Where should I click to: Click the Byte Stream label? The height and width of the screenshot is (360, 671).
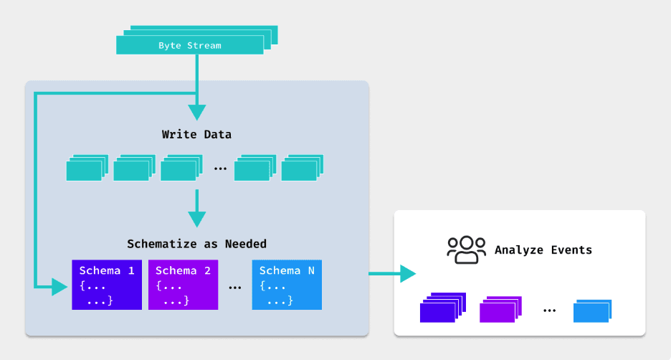click(x=190, y=46)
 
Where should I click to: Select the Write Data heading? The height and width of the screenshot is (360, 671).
click(x=196, y=134)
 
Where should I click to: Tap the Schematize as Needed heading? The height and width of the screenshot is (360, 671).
click(x=196, y=244)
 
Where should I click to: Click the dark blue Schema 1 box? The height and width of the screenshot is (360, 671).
click(x=107, y=284)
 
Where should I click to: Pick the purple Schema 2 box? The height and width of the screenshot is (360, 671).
click(x=183, y=284)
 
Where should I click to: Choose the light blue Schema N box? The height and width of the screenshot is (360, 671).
click(x=287, y=284)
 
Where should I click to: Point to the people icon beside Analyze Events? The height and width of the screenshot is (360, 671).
click(x=466, y=250)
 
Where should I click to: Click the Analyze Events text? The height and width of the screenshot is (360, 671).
click(x=543, y=250)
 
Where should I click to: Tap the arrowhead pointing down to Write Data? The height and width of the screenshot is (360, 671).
click(x=196, y=112)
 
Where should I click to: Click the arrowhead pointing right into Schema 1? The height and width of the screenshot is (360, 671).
click(x=62, y=288)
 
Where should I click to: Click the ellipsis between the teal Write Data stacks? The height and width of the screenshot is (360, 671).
click(x=220, y=169)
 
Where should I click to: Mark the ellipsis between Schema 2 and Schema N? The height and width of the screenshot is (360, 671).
click(x=234, y=287)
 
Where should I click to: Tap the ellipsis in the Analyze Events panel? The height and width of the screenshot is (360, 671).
click(x=550, y=311)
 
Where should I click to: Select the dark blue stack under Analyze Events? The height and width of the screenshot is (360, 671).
click(x=442, y=308)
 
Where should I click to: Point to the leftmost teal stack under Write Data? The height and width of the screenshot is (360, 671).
click(x=87, y=169)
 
